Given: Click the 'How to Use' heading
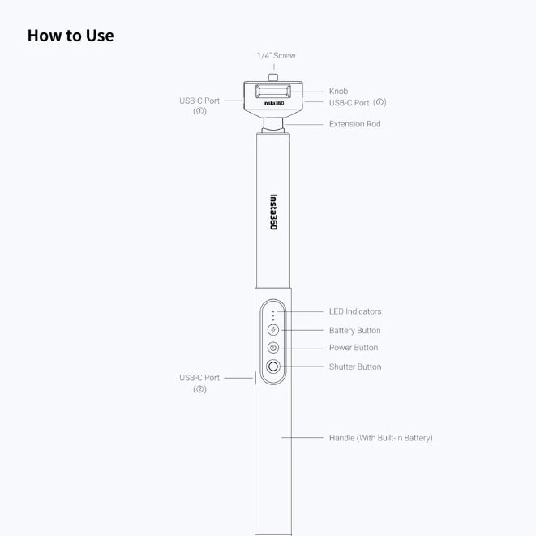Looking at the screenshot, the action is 71,36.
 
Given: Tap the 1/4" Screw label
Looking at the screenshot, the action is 277,55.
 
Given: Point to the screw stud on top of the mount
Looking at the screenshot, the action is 273,77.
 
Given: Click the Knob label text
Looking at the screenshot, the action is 338,92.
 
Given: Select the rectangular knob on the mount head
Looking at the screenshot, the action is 273,92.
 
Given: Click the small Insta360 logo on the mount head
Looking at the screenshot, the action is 273,103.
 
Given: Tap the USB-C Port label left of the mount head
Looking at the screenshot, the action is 199,105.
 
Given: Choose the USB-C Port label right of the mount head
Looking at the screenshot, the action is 358,102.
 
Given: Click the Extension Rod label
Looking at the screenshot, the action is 355,124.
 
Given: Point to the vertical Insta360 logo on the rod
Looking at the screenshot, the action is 273,212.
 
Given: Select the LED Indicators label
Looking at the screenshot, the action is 355,311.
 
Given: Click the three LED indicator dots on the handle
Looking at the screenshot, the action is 273,315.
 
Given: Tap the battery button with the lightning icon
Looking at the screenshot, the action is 272,330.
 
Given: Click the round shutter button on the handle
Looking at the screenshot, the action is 273,367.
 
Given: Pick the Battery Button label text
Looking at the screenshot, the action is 355,331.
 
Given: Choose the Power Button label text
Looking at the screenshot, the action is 354,348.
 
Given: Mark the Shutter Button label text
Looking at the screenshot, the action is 355,367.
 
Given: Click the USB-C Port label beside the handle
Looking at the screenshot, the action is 199,384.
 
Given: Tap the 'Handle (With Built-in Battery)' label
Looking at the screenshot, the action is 381,438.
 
